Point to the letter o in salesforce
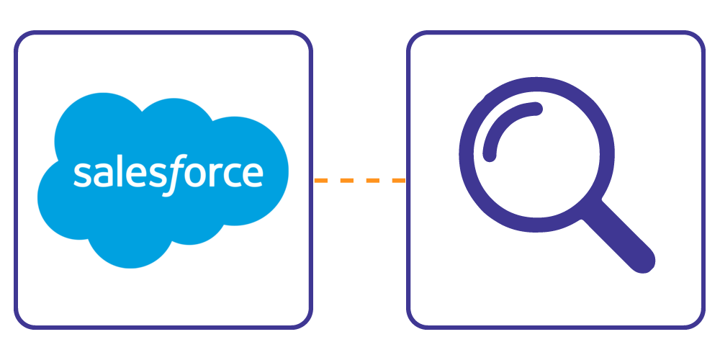[x=186, y=175]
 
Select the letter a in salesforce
[x=96, y=175]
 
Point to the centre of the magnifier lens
[x=536, y=153]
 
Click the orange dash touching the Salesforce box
[x=320, y=180]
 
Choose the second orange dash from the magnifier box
[x=373, y=180]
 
